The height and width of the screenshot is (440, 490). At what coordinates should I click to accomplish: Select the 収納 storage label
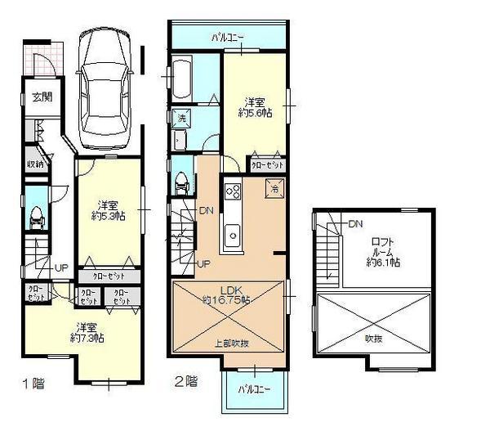(34, 164)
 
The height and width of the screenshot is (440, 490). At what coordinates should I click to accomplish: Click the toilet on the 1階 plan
(35, 218)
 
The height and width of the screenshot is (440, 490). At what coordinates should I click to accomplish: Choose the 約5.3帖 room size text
(109, 216)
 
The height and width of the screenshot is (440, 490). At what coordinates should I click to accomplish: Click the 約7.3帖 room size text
(87, 337)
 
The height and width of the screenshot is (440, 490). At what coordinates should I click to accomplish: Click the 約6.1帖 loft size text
(383, 263)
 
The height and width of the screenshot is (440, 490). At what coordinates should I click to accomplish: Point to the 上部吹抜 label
(231, 343)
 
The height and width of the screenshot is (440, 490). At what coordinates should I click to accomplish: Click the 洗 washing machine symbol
(181, 117)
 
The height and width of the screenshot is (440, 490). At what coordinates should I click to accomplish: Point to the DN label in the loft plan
(354, 223)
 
